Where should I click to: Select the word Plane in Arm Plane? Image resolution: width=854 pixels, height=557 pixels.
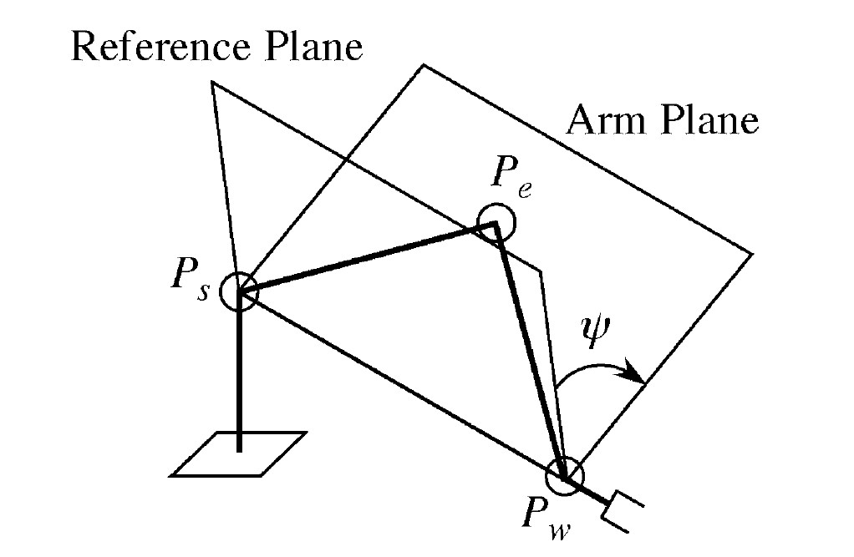click(x=710, y=122)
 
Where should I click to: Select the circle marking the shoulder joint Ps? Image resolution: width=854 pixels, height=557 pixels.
click(x=240, y=291)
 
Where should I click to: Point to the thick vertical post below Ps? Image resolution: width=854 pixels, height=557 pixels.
click(x=240, y=376)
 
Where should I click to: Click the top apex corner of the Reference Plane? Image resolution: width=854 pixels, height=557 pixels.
click(x=212, y=82)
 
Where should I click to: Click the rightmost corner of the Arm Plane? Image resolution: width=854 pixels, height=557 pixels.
click(x=753, y=251)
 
